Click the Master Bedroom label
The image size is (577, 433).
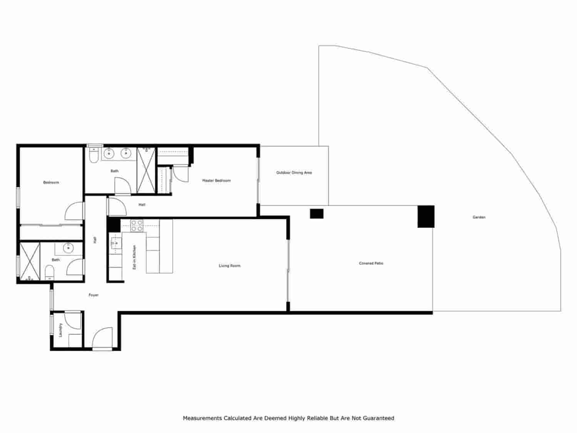point(217,181)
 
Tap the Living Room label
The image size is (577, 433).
point(230,266)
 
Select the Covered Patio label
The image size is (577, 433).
point(371,264)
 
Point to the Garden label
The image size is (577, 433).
point(479,217)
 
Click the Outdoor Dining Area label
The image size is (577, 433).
point(294,173)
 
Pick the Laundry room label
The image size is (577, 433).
point(60,330)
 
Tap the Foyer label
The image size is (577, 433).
point(93,295)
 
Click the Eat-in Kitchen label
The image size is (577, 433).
point(134,257)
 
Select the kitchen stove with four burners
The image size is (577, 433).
point(137,226)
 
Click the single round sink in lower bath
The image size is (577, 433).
point(68,248)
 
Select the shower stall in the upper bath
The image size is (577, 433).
point(146,170)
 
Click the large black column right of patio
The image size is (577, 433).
point(426,216)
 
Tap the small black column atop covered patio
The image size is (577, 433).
point(317,214)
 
